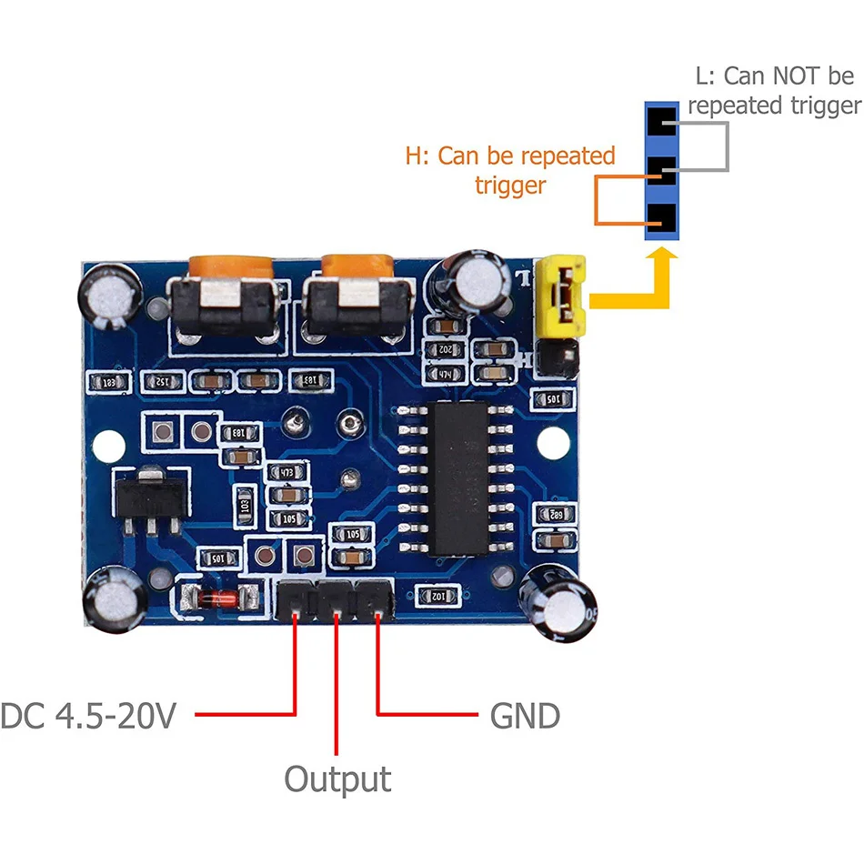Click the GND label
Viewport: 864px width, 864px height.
click(x=525, y=717)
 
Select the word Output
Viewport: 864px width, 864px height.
click(x=337, y=779)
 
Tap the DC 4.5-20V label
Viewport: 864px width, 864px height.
click(x=87, y=717)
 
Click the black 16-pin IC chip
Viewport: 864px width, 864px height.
click(x=460, y=478)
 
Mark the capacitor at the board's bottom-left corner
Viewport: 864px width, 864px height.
click(x=114, y=600)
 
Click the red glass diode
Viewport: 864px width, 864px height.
click(x=215, y=598)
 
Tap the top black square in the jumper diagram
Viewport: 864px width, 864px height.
click(x=662, y=118)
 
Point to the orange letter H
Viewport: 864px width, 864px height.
click(x=414, y=156)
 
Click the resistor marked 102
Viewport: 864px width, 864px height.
click(x=437, y=596)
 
